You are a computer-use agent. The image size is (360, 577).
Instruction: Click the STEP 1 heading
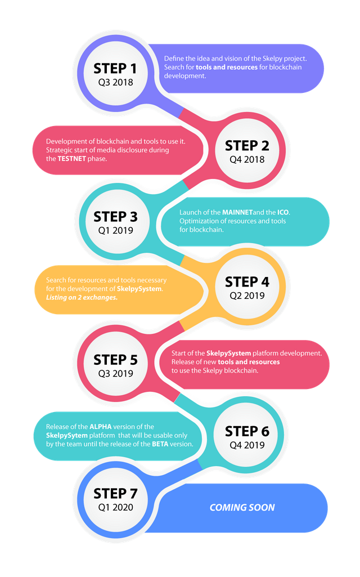coord(115,69)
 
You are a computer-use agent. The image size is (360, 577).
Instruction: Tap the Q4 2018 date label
coord(247,159)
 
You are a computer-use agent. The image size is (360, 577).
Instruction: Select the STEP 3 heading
coord(115,217)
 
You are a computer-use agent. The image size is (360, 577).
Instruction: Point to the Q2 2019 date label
coord(247,296)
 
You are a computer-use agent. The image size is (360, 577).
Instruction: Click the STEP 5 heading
coord(115,359)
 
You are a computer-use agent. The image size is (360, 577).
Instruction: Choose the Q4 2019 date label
coord(247,445)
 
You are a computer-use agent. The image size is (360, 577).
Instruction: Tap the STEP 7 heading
coord(115,494)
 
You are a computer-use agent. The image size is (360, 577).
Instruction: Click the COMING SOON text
coord(242,507)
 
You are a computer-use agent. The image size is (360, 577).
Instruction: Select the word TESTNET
coord(74,159)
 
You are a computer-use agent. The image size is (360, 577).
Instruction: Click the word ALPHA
coord(101,427)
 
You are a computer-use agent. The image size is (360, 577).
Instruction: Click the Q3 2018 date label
coord(115,83)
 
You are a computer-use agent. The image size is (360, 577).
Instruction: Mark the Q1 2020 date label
coord(115,507)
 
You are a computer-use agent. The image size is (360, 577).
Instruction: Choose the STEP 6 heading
coord(247,431)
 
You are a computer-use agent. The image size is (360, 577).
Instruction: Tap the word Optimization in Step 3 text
coord(199,221)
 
